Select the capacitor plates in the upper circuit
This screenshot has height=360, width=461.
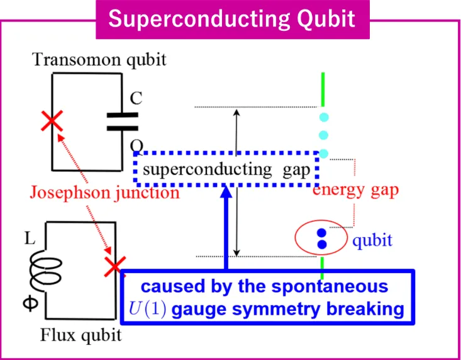tap(122, 121)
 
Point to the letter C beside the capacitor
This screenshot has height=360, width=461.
tap(136, 99)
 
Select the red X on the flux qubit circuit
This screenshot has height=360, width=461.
tap(114, 267)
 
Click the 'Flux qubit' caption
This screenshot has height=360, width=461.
tap(82, 335)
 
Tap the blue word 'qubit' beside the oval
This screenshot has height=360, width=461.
tap(372, 240)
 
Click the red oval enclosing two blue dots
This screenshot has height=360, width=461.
tap(321, 237)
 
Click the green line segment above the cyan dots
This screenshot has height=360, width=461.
tap(323, 90)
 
